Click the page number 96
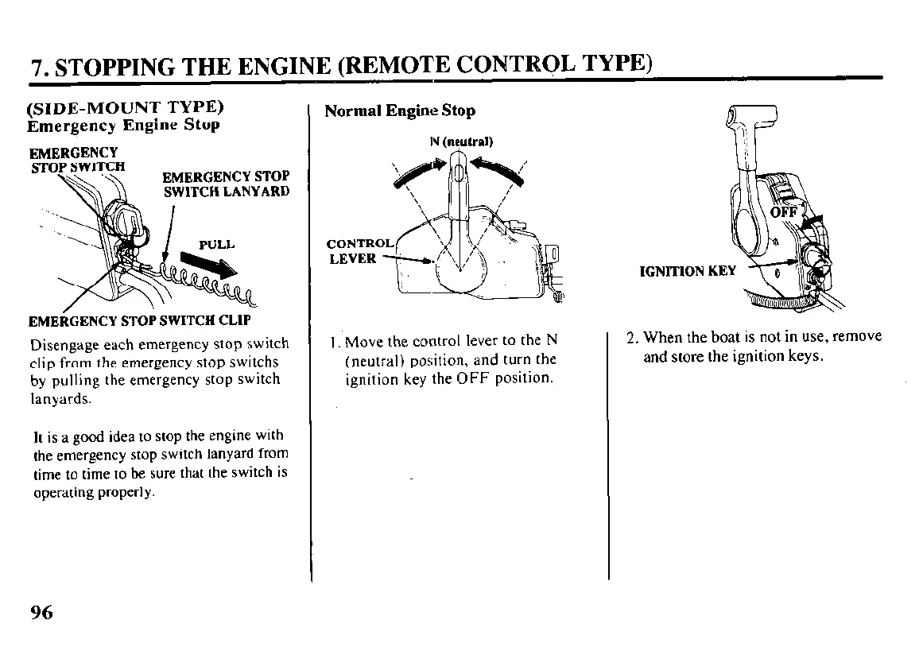41,612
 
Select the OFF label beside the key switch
783,212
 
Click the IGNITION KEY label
688,271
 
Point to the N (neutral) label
461,142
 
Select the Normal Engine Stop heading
400,111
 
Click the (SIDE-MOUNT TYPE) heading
125,107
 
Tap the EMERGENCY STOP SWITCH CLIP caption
139,321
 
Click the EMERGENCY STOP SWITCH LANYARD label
226,184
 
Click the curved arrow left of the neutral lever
415,173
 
